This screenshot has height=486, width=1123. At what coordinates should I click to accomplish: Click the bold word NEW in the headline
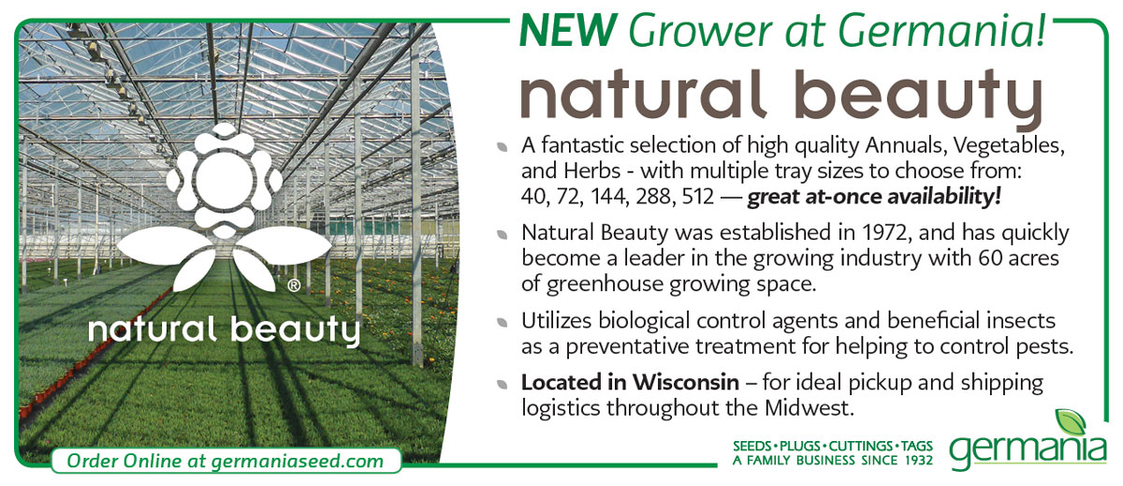[567, 30]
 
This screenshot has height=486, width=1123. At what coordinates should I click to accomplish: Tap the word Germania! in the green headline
[942, 30]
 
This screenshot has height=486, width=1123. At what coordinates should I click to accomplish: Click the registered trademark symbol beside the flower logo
[294, 286]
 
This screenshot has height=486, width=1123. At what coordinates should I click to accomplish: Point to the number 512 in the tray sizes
[698, 197]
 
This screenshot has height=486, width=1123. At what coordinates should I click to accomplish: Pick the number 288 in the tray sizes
[655, 197]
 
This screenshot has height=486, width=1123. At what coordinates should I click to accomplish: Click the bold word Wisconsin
[685, 382]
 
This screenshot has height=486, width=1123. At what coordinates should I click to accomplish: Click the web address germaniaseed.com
[298, 461]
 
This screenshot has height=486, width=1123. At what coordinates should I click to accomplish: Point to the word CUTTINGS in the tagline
[860, 446]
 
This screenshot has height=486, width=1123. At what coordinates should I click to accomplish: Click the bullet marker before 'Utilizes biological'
[502, 322]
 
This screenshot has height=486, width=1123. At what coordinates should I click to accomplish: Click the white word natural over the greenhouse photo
[153, 330]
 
